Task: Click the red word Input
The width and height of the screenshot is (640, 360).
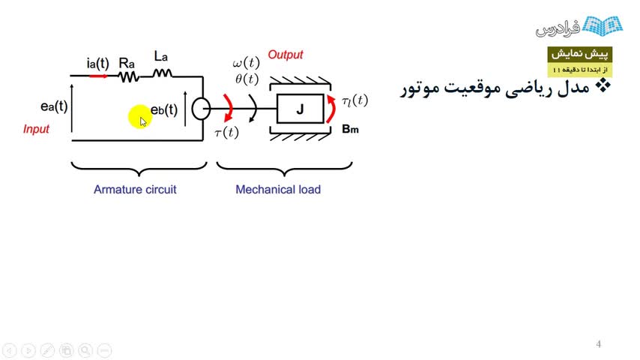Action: tap(36, 129)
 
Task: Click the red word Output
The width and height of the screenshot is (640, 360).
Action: tap(286, 55)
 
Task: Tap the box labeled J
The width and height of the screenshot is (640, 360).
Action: tap(300, 109)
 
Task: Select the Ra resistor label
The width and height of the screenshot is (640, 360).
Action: tap(127, 63)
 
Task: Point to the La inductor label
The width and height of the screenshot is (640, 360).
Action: tap(161, 57)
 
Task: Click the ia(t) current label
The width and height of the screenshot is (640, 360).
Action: tap(97, 63)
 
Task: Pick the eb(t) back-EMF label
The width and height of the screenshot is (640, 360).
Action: tap(164, 110)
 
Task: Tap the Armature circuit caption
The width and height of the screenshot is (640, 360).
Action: tap(135, 190)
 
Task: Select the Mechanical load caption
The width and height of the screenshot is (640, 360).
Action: tap(278, 190)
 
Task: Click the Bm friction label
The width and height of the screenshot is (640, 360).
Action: tap(350, 129)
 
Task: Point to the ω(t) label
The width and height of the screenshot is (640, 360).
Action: tap(246, 63)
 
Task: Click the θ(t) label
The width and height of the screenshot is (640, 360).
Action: tap(246, 79)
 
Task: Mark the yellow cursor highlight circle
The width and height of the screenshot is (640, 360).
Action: tap(139, 117)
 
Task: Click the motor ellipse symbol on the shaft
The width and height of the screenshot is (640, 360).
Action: tap(200, 109)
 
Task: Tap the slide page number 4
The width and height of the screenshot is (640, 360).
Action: tap(599, 344)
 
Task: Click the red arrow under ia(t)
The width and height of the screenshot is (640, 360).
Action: tap(97, 76)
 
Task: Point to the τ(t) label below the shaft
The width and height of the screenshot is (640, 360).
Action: tap(226, 133)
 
